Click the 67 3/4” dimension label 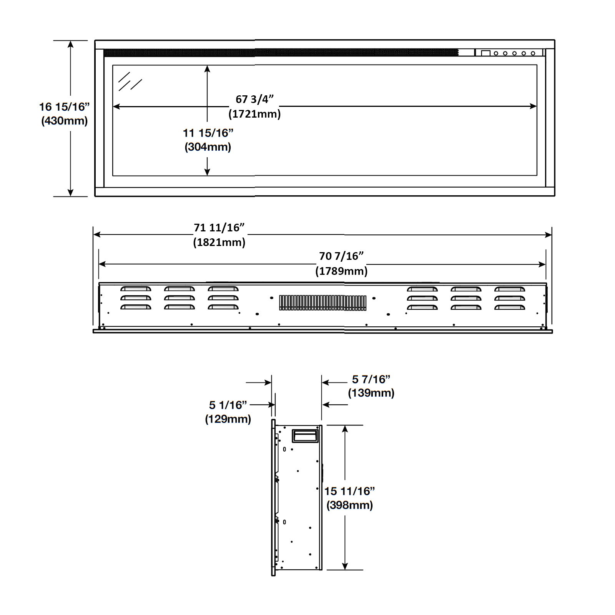coord(254,99)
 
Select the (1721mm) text coord(254,114)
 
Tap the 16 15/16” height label coord(64,107)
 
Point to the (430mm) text coord(64,121)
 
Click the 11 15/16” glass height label coord(208,133)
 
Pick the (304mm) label coord(208,147)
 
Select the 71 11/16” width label coord(219,228)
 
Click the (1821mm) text coord(219,242)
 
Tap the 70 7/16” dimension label coord(341,256)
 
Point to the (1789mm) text coord(341,271)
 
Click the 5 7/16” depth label coord(371,379)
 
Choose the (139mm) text coord(371,393)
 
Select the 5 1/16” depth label coord(228,405)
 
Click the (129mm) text coord(228,419)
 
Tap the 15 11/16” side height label coord(349,491)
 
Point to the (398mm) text coord(349,505)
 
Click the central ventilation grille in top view coord(323,303)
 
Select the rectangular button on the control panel coord(486,53)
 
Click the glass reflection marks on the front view coord(130,81)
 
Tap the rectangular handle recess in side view coord(305,436)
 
